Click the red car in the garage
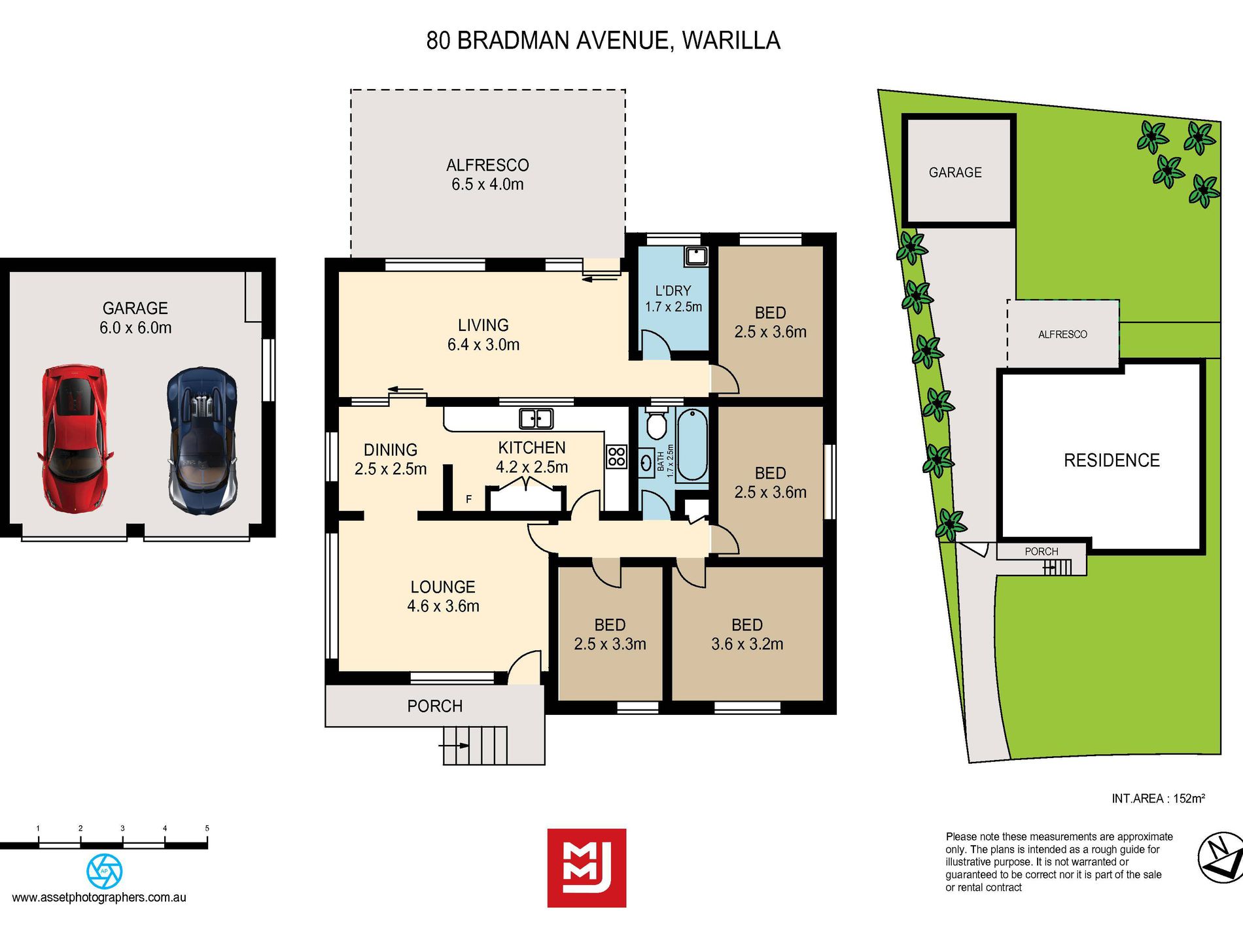tap(74, 439)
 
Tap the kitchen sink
tap(536, 419)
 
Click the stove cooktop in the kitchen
tap(616, 457)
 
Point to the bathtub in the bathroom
tap(692, 445)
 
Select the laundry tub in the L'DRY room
tap(696, 256)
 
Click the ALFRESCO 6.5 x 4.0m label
tap(487, 175)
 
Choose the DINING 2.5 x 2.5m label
tap(391, 459)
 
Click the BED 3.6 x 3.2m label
tap(747, 634)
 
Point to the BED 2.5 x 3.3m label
tap(610, 634)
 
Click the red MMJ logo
tap(587, 868)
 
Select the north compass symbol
tap(1221, 858)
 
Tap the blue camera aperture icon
tap(105, 871)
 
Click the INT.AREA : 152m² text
tap(1158, 799)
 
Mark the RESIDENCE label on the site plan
tap(1112, 460)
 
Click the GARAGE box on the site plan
tap(958, 171)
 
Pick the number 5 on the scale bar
tap(207, 828)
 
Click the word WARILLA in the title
tap(731, 41)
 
